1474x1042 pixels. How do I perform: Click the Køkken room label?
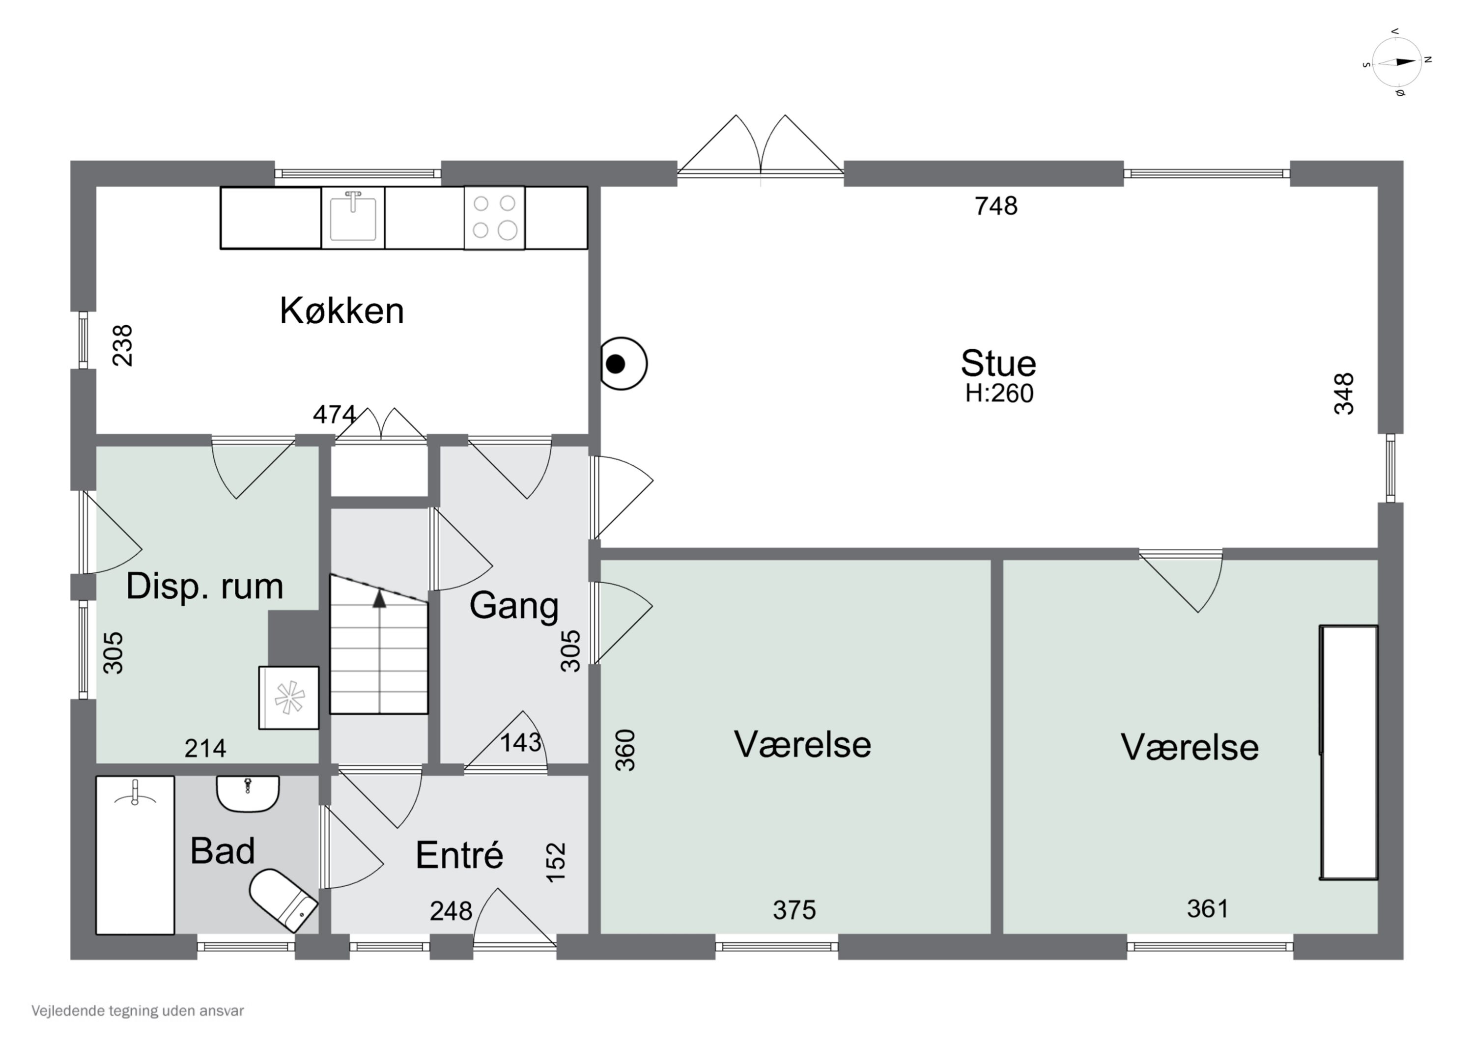341,311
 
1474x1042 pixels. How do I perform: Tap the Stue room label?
998,364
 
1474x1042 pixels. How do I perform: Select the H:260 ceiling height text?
999,394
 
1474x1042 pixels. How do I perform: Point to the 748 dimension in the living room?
996,206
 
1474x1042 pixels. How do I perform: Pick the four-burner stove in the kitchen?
494,217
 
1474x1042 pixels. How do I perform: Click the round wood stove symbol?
622,364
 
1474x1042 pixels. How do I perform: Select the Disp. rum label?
204,586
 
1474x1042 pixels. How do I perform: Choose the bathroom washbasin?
248,793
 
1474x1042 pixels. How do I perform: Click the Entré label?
459,855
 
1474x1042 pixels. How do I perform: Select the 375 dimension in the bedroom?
794,910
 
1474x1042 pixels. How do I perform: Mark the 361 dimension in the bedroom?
1208,908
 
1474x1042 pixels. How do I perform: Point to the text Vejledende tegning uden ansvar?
138,1011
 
